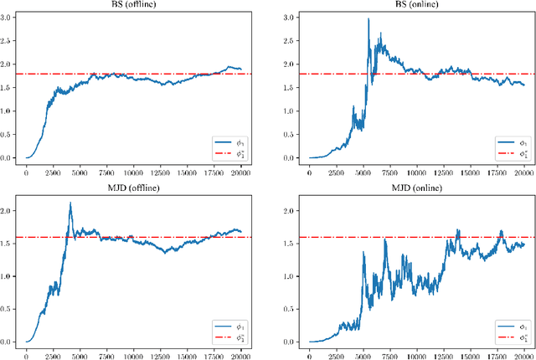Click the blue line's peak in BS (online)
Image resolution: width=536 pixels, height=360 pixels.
pyautogui.click(x=368, y=18)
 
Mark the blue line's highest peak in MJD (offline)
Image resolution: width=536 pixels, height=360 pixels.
pyautogui.click(x=70, y=203)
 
